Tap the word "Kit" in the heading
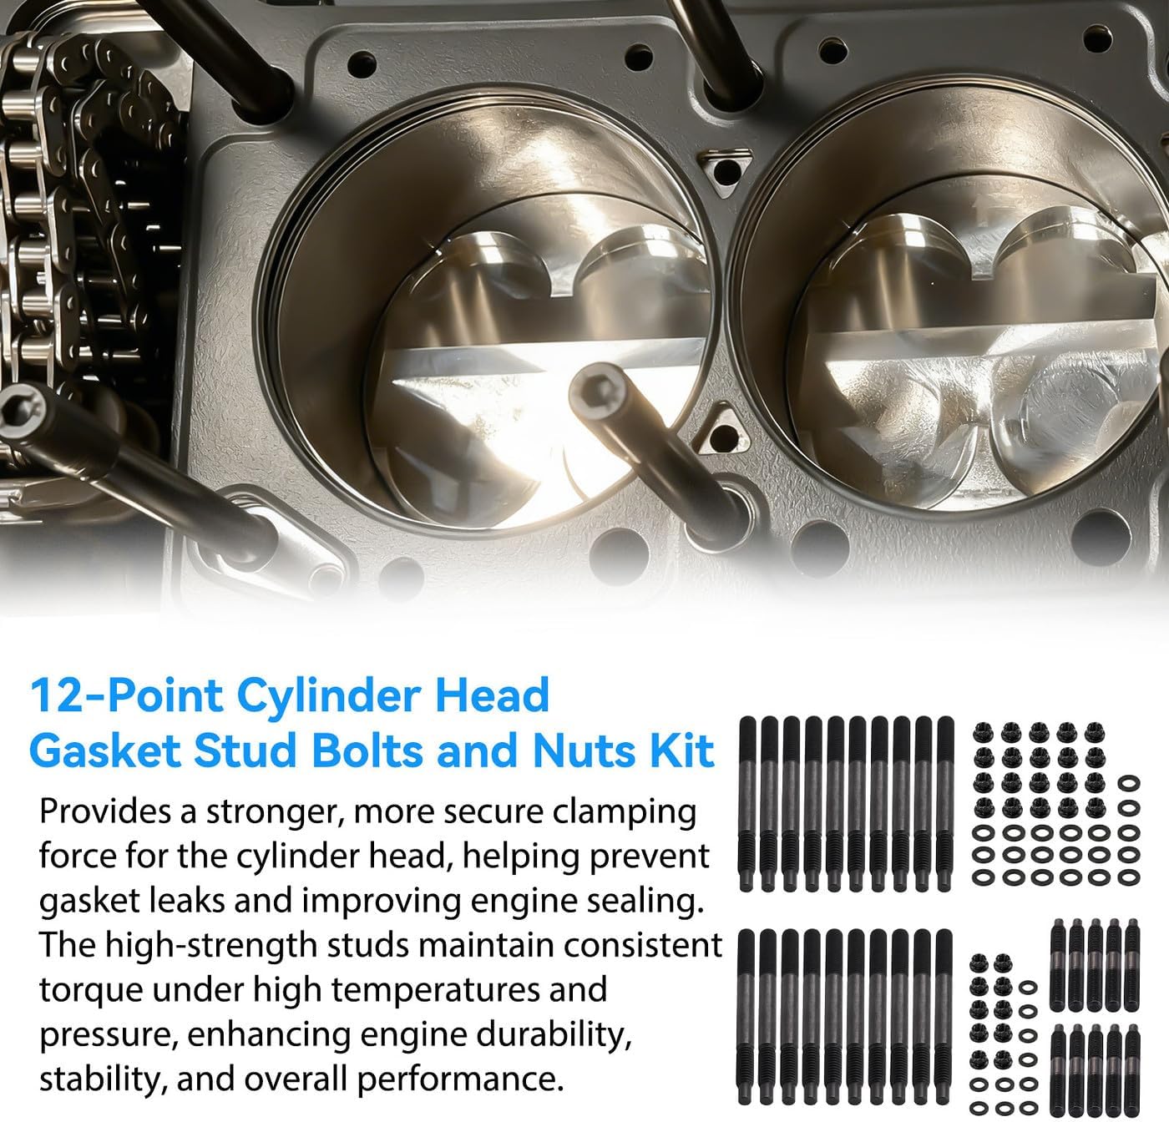pos(685,751)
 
